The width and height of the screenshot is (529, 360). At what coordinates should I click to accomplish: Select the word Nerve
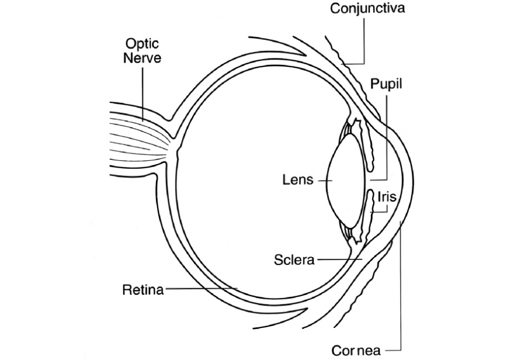[142, 58]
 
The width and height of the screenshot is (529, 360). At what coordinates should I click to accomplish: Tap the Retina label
[142, 290]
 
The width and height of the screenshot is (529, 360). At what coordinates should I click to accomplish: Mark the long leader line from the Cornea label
[401, 292]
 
